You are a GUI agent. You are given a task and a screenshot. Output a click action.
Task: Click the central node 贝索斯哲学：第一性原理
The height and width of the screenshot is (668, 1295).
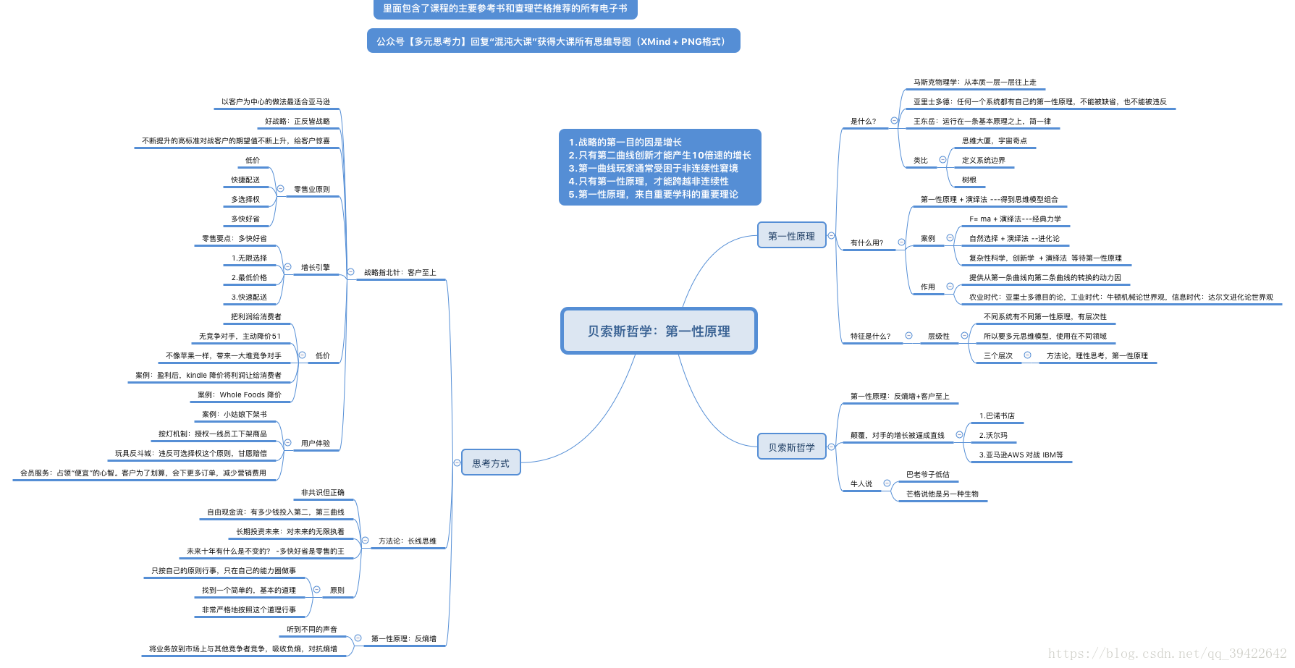coord(659,331)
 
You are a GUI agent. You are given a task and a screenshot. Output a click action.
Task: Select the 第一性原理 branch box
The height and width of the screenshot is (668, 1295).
coord(791,236)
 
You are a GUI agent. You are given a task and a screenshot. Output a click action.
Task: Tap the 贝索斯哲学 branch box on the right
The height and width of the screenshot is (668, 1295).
coord(791,447)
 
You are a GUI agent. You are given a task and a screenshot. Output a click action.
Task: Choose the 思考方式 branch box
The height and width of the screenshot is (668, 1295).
coord(491,463)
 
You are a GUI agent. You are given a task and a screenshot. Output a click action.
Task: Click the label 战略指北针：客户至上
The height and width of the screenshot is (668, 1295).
coord(400,273)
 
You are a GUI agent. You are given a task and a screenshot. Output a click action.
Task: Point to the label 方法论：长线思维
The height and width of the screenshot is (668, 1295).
coord(407,541)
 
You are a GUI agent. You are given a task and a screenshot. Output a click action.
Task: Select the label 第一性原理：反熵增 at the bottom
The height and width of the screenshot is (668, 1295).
coord(403,638)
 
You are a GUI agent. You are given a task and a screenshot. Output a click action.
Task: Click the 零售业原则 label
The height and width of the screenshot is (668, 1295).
coord(311,190)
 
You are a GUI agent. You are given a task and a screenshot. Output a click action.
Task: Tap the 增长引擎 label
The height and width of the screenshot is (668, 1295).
coord(315,268)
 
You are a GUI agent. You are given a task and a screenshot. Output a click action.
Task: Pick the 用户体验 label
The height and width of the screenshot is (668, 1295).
coord(315,443)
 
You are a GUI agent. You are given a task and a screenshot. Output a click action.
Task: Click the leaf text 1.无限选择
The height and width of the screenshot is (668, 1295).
coord(249,258)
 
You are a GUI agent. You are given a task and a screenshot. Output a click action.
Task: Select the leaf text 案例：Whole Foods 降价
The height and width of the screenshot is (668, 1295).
coord(240,395)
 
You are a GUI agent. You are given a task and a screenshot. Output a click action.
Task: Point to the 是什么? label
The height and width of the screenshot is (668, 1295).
coord(863,122)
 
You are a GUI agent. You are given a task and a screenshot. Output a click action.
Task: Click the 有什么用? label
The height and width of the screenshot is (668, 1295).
coord(866,243)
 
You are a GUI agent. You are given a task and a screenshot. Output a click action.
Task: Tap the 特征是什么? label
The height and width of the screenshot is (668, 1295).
coord(870,337)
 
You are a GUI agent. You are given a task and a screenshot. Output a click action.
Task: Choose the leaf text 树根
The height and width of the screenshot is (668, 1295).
coord(969,180)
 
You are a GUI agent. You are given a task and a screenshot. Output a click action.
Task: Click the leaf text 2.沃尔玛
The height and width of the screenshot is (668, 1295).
coord(993,436)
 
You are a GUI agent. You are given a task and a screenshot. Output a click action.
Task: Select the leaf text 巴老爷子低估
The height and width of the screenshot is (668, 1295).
coord(927,475)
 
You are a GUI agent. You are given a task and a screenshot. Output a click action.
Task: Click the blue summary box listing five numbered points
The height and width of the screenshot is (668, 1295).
coord(659,168)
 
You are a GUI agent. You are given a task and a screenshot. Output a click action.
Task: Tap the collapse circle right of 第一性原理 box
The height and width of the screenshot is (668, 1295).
coord(831,236)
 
